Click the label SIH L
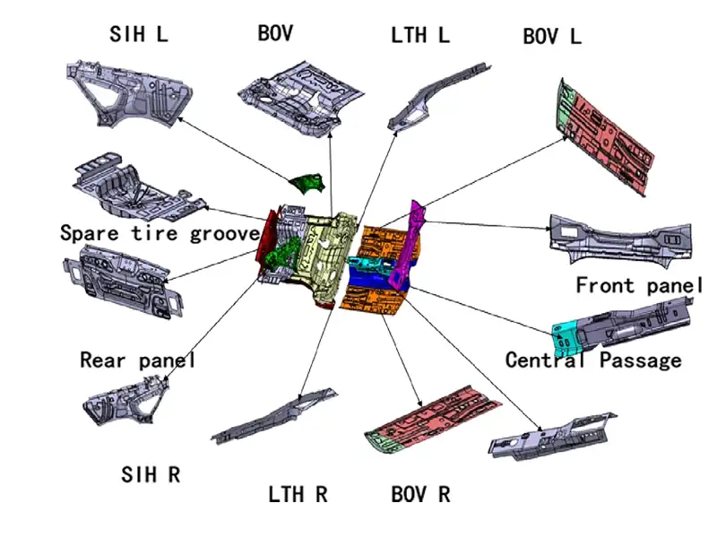(x=139, y=35)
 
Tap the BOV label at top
(x=275, y=34)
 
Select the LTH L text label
(x=420, y=36)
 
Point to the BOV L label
(x=552, y=37)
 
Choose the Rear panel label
(x=137, y=360)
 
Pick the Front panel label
(x=638, y=286)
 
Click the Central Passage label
(x=593, y=360)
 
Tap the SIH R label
(x=151, y=474)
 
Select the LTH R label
(x=298, y=494)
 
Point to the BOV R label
(x=420, y=494)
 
